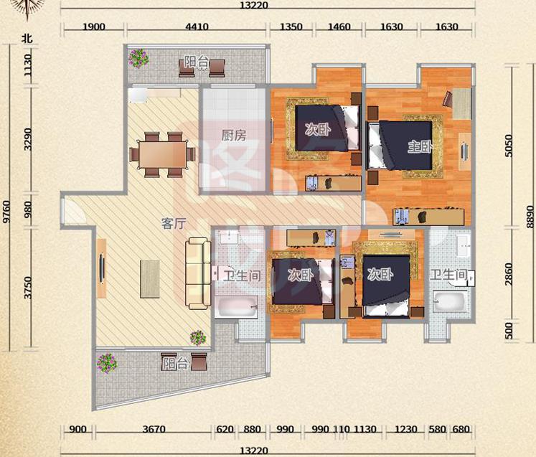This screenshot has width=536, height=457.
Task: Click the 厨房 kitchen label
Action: pos(234,136)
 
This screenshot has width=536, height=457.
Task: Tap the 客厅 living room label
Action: pos(174,224)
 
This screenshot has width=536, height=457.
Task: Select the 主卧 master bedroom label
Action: pos(420,147)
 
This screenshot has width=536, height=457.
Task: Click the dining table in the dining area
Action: pos(162,154)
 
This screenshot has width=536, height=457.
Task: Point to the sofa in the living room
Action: pos(198,273)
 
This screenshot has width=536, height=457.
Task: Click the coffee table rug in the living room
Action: pos(150,279)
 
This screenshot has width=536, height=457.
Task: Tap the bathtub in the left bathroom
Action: pos(236,307)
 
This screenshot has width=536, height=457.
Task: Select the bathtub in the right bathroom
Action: pos(450,301)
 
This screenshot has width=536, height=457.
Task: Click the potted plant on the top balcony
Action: pos(138,58)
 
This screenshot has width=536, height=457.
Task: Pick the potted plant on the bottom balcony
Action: pos(107,363)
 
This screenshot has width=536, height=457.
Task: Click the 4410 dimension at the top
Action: pos(197,27)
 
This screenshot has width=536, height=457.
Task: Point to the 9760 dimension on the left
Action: pos(6,212)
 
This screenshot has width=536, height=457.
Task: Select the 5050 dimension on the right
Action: pos(509,146)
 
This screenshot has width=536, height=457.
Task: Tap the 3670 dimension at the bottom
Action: pos(154,429)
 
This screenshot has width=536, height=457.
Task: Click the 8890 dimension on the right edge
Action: pos(530,217)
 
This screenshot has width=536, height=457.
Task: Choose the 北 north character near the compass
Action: pos(27,38)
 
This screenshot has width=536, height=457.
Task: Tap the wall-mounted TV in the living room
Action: pos(101,268)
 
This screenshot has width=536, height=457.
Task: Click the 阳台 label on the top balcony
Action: pos(196,62)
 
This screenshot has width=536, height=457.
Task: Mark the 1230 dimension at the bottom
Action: pos(405,429)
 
